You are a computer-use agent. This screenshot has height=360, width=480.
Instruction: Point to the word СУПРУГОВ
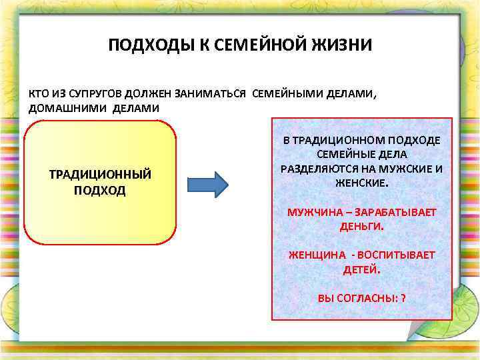(99, 94)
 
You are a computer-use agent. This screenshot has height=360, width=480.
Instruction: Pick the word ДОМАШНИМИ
(61, 108)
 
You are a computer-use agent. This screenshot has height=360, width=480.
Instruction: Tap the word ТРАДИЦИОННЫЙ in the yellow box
(101, 175)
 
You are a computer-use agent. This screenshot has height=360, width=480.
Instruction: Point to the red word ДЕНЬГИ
(362, 226)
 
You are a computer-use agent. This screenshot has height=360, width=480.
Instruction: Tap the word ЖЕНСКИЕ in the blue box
(362, 182)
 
